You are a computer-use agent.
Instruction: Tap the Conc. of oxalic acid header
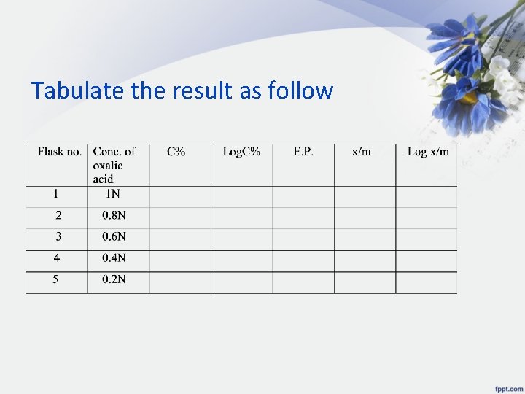[x=114, y=165]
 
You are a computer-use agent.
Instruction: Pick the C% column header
[x=176, y=152]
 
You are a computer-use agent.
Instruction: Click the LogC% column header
[x=241, y=152]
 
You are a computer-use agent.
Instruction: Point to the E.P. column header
[x=303, y=152]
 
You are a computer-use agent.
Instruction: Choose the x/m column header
[x=362, y=152]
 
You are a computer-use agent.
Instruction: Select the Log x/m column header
[x=428, y=152]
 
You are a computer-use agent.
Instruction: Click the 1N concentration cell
[x=113, y=194]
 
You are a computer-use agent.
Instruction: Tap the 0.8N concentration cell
[x=114, y=215]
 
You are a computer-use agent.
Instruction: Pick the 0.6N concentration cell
[x=114, y=236]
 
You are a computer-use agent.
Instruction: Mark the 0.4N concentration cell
[x=114, y=258]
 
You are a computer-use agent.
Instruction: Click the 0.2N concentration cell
[x=114, y=279]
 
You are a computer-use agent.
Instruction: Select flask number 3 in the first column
[x=58, y=236]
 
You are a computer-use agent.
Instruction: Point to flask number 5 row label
[x=56, y=279]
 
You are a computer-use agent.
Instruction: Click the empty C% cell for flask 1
[x=179, y=196]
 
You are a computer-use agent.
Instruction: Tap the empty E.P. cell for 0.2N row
[x=303, y=282]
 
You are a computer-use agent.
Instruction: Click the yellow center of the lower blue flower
[x=467, y=98]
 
